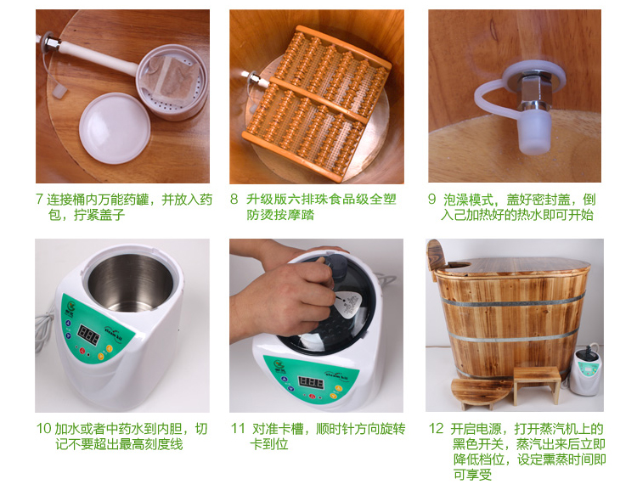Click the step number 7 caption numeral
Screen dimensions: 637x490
point(39,199)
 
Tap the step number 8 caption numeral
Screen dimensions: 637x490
point(234,199)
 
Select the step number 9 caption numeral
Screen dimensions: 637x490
point(431,199)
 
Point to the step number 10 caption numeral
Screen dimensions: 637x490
point(44,428)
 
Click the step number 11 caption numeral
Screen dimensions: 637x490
point(238,428)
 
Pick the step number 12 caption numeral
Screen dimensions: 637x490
point(437,428)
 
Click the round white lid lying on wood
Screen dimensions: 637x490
point(115,127)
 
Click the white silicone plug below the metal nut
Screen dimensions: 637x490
point(534,132)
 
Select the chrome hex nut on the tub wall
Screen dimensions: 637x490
point(533,92)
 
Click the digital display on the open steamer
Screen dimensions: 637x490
point(88,334)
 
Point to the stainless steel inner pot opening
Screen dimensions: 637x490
point(131,283)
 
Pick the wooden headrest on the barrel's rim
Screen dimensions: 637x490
point(435,259)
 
